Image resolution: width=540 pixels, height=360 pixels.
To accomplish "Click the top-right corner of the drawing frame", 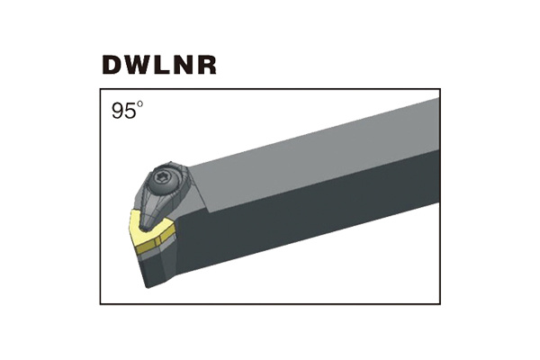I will point(440,89).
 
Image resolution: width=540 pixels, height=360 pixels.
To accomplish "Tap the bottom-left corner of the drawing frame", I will point(101,303).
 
